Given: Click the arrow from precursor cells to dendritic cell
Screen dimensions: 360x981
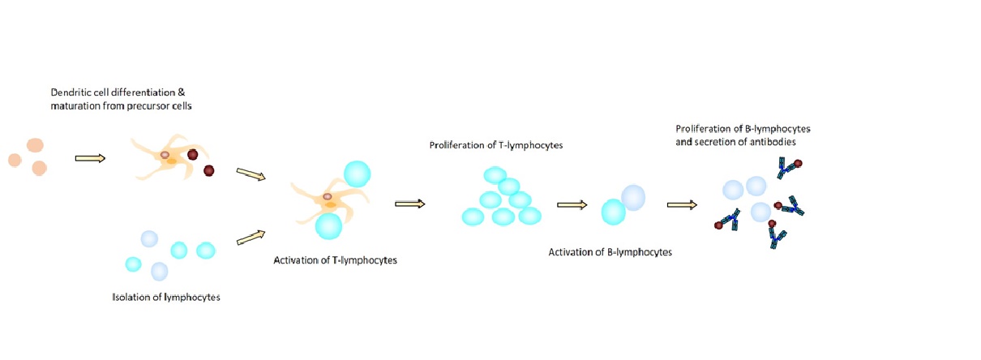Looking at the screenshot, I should [90, 158].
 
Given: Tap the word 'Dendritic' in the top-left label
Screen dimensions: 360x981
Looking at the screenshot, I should [66, 94].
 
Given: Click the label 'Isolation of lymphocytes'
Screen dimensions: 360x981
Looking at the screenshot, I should [166, 297].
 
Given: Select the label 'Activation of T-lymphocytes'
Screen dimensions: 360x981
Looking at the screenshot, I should [335, 261].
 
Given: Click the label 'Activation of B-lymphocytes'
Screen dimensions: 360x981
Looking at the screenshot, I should [610, 252].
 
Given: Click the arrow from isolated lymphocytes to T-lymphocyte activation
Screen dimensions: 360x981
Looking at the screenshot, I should [251, 237].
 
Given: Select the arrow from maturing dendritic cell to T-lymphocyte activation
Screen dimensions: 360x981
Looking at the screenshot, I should [251, 174].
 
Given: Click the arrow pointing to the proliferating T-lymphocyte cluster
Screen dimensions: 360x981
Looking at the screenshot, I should [410, 204].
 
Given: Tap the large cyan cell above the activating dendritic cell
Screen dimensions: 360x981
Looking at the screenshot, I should [358, 174].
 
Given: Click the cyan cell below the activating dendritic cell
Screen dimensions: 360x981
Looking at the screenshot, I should [329, 225].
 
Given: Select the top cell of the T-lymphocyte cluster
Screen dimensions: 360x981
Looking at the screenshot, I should [495, 175].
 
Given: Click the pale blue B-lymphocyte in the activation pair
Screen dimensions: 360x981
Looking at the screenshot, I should [633, 197].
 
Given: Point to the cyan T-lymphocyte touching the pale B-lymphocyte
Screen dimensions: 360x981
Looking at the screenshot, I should [613, 212].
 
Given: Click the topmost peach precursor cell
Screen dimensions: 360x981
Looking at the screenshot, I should [35, 146].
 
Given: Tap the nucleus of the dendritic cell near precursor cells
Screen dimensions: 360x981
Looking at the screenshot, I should [165, 154].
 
